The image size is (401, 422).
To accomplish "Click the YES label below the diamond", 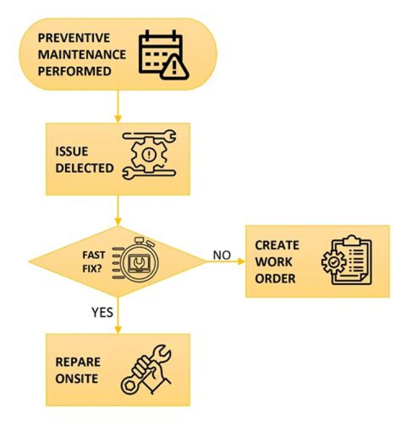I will (102, 313).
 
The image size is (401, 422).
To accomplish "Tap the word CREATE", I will (277, 246).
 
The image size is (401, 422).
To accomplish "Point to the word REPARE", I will (78, 362).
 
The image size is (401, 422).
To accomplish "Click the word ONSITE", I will (76, 379).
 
